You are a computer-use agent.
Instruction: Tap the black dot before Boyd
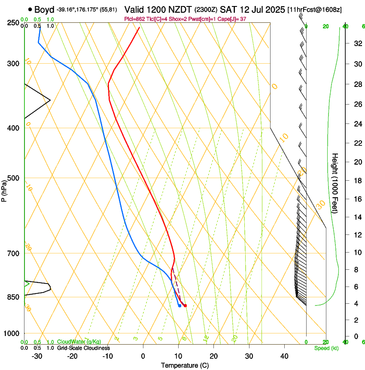click(x=30, y=9)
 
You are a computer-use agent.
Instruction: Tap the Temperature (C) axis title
click(x=185, y=365)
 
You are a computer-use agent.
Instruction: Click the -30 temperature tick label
click(x=36, y=356)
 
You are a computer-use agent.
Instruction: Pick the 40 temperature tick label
click(x=284, y=356)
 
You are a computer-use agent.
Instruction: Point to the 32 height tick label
click(x=357, y=43)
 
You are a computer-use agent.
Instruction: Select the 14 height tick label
click(x=357, y=217)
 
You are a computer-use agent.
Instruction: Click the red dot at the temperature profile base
click(x=185, y=305)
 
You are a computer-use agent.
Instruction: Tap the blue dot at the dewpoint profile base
click(x=179, y=305)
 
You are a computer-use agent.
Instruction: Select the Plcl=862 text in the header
click(x=135, y=19)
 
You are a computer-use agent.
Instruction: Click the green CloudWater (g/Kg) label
click(x=79, y=342)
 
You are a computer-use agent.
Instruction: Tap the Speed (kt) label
click(x=326, y=348)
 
